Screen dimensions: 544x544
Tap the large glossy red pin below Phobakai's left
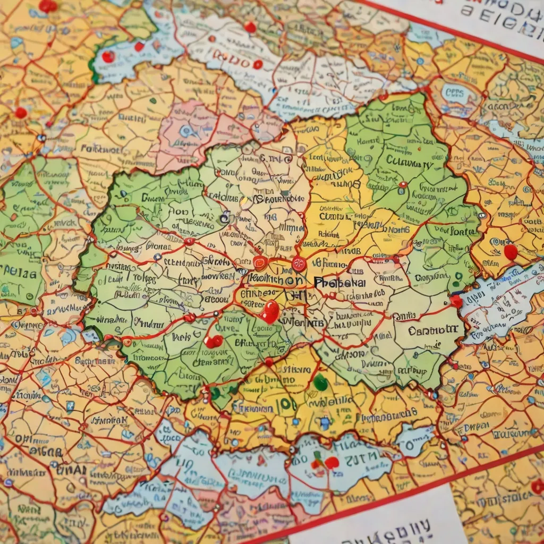pyautogui.click(x=270, y=311)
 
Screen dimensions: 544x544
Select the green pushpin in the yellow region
pyautogui.click(x=320, y=381)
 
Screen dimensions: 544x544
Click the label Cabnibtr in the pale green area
pyautogui.click(x=433, y=330)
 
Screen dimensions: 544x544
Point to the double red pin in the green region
pyautogui.click(x=214, y=341)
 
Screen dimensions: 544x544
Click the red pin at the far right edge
pyautogui.click(x=510, y=251)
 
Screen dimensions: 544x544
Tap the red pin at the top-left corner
pyautogui.click(x=47, y=5)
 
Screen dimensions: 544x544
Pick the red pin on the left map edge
pyautogui.click(x=21, y=113)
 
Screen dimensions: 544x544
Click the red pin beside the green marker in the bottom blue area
pyautogui.click(x=331, y=462)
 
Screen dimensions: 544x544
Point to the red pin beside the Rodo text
pyautogui.click(x=258, y=64)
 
